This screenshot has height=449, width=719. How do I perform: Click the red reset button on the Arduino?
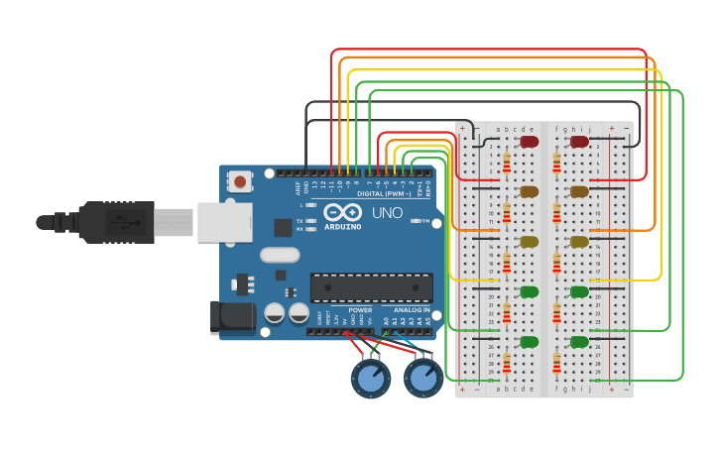click(240, 181)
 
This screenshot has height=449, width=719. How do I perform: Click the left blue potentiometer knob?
click(371, 378)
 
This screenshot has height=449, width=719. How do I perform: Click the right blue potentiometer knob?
click(423, 378)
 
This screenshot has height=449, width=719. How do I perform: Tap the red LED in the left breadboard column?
click(530, 142)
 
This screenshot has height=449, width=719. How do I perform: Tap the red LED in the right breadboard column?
click(579, 142)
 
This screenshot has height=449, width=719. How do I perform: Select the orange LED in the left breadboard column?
click(530, 191)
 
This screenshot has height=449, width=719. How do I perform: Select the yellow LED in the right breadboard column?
click(579, 241)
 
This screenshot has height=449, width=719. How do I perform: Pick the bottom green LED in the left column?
click(530, 341)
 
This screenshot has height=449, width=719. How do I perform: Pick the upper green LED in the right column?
click(579, 291)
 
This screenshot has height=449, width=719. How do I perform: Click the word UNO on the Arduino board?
click(387, 213)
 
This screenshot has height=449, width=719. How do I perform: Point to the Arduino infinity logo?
click(341, 212)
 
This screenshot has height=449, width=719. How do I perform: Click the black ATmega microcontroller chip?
click(371, 287)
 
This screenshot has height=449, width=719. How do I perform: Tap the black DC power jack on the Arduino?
click(227, 317)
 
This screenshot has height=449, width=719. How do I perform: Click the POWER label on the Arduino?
click(360, 310)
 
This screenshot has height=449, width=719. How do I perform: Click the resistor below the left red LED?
click(507, 163)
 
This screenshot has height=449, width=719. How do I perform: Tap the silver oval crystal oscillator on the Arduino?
click(280, 255)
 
